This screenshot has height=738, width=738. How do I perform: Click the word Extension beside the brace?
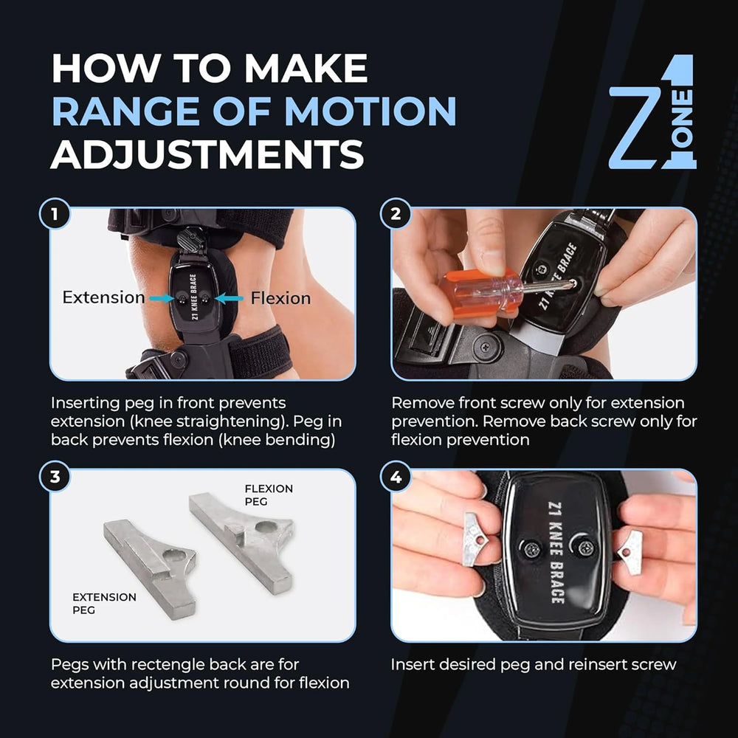pos(103,297)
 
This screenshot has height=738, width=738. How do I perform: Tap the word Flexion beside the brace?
pos(280,298)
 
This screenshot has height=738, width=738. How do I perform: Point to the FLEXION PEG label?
pos(269,494)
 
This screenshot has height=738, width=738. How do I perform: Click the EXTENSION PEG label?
pos(104,602)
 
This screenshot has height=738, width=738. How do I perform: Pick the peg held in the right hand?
pos(631,547)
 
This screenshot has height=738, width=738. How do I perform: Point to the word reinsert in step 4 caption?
pos(599,664)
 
